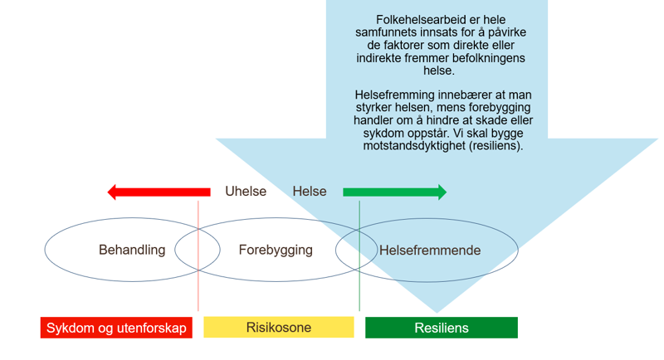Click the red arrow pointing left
tap(158, 192)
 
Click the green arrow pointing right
tap(394, 192)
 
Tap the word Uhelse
tap(246, 192)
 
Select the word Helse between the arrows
tap(310, 192)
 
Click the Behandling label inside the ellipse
tap(132, 250)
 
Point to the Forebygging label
tap(276, 250)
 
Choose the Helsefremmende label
tap(430, 250)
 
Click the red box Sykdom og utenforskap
tap(116, 328)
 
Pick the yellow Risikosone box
tap(279, 327)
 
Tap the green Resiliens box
tap(442, 328)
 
